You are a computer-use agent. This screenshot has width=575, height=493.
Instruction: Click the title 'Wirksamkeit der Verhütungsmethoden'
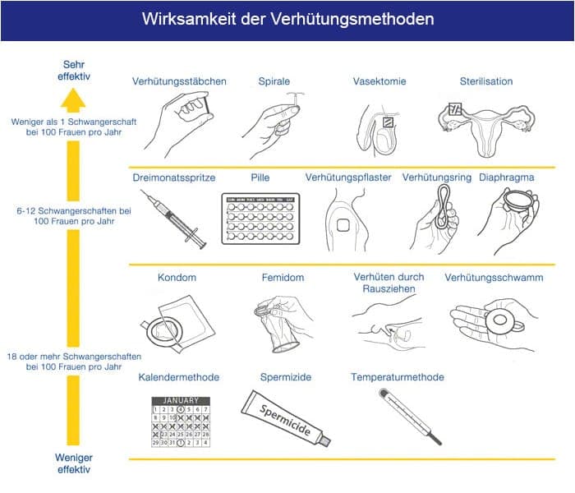[x=287, y=19]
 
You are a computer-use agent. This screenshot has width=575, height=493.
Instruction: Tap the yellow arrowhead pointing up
[x=73, y=99]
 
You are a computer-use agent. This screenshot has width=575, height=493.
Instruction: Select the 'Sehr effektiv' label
[x=74, y=70]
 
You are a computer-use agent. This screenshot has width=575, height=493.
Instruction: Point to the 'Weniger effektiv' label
[x=74, y=463]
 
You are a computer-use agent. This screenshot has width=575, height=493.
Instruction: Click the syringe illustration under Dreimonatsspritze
[x=173, y=218]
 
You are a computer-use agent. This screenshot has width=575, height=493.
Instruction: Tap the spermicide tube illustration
[x=287, y=418]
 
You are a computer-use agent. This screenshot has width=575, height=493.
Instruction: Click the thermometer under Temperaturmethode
[x=409, y=417]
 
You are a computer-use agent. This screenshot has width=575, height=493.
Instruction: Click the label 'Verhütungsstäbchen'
[x=179, y=81]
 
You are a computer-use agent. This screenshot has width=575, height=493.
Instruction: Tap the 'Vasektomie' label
[x=379, y=81]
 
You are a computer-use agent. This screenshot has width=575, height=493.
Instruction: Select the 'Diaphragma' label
[x=506, y=177]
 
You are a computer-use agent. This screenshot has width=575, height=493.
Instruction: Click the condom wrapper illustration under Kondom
[x=176, y=321]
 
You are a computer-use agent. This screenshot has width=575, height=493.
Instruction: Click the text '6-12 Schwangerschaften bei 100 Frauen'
[x=74, y=217]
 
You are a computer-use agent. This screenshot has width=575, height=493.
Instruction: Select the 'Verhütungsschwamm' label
[x=494, y=278]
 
